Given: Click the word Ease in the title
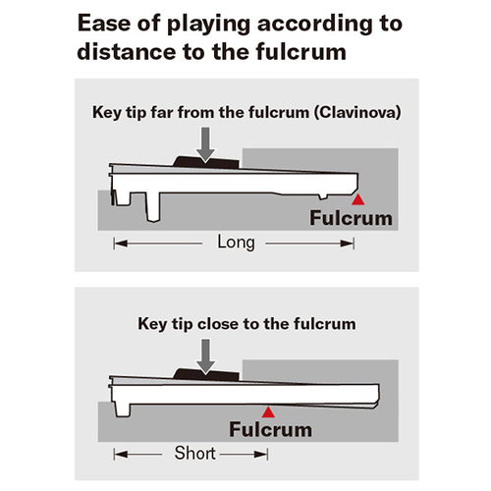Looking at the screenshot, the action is tap(104, 24).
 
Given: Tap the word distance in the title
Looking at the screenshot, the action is tap(126, 52).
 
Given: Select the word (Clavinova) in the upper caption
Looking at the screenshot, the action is tap(357, 113).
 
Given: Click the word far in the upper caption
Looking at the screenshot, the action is tap(162, 112).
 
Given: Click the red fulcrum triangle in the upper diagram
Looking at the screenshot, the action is tap(357, 199).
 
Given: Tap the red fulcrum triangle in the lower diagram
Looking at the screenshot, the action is tap(268, 412).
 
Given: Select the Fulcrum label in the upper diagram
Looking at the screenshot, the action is tap(351, 218).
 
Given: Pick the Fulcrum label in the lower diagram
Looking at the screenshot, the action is tap(270, 429).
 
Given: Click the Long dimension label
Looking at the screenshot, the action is tap(236, 243).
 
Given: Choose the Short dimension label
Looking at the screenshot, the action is tap(195, 453).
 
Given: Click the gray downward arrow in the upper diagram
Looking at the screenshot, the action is tap(205, 144).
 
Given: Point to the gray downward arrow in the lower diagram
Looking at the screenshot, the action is tap(205, 356).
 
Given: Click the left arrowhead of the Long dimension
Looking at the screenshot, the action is tap(121, 244).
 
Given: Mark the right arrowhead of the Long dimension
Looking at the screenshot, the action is tap(347, 244).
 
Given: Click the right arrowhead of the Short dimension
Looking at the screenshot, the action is tap(261, 455).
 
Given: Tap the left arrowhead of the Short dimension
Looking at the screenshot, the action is tap(121, 455).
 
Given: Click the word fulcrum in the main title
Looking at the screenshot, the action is tap(301, 52).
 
